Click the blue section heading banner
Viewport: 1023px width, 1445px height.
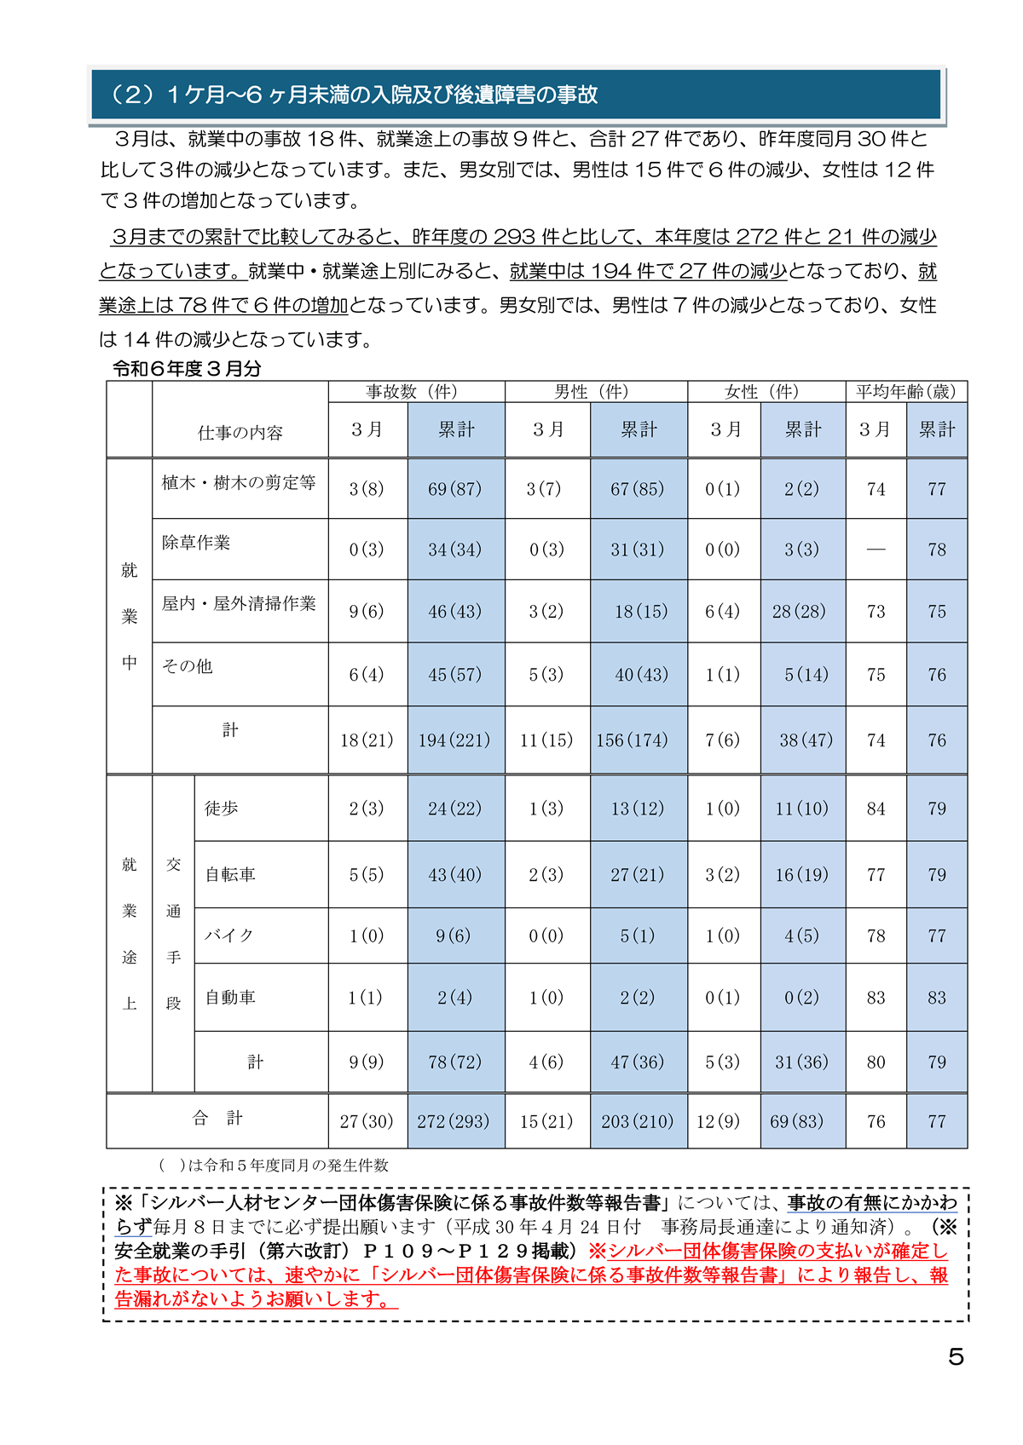click(x=517, y=95)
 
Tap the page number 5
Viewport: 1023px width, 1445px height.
click(x=956, y=1356)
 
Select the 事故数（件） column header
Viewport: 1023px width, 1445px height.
click(x=412, y=391)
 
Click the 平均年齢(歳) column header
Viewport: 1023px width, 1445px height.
click(x=905, y=391)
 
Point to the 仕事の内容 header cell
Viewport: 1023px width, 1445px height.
click(x=240, y=433)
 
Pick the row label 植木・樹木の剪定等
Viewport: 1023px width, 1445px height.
click(x=239, y=483)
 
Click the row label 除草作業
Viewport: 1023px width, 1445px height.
click(x=196, y=543)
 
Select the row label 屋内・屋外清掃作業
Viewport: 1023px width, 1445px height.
click(x=239, y=604)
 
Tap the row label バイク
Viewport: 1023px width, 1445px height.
click(x=229, y=935)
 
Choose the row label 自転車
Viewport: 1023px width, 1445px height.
click(x=230, y=874)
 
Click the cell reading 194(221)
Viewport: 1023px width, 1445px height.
click(x=454, y=740)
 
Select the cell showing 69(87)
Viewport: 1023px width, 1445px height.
click(x=454, y=489)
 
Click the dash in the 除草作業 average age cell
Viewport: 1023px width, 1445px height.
click(x=876, y=550)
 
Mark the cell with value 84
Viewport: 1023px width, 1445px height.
click(x=876, y=809)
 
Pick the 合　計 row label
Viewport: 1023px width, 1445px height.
click(x=217, y=1118)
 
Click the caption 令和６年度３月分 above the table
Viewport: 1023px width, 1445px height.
click(x=187, y=369)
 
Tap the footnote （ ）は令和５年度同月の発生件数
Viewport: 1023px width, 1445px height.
click(x=274, y=1165)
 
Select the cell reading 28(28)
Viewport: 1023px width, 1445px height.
click(x=799, y=612)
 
